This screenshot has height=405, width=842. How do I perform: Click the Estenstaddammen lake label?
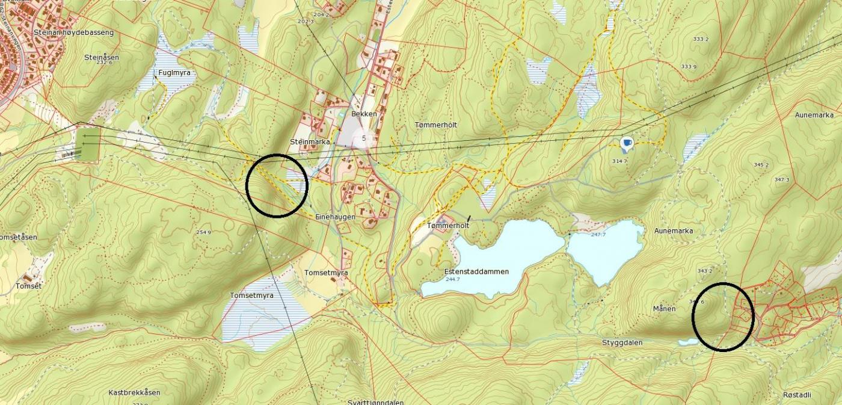tap(477, 271)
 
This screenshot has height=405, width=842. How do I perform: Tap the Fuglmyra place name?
tap(174, 73)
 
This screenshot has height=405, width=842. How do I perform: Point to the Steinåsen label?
tap(102, 57)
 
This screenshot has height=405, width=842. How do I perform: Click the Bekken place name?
tap(364, 114)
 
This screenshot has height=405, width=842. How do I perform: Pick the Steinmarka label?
tap(310, 142)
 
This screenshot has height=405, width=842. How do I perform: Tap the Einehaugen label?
tap(335, 217)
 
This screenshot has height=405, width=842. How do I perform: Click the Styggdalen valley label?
tap(622, 343)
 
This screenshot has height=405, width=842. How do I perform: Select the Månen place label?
tap(665, 309)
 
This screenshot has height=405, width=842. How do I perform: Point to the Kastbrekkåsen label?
tap(134, 392)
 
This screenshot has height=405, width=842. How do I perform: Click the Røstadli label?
tap(797, 395)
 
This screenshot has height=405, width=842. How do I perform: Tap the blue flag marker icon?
tap(627, 143)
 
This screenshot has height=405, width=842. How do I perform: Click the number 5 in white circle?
tap(364, 138)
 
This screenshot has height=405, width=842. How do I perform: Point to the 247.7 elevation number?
tap(598, 234)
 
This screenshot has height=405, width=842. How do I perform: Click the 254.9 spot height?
tap(203, 232)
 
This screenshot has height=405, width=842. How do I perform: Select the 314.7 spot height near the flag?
tap(619, 161)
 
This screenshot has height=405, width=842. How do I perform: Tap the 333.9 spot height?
tap(689, 66)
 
